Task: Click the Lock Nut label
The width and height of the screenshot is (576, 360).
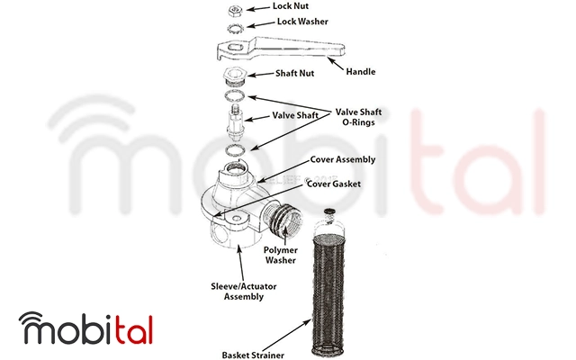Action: [290, 6]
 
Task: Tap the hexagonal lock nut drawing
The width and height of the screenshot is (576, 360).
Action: [235, 11]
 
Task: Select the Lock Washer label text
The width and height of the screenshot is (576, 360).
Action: [302, 22]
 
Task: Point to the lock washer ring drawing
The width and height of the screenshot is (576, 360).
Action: [235, 28]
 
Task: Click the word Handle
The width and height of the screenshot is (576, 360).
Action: [360, 71]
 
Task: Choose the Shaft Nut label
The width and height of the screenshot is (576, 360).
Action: [294, 73]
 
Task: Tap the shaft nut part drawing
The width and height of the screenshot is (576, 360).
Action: [234, 76]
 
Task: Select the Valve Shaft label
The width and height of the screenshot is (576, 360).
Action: [295, 115]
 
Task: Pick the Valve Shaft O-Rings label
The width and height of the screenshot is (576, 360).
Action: [358, 117]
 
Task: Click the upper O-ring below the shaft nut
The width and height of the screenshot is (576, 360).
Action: [234, 95]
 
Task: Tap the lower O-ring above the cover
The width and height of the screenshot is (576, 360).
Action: [235, 150]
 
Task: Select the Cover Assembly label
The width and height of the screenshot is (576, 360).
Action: [342, 159]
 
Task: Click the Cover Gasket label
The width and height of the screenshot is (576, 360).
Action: [334, 184]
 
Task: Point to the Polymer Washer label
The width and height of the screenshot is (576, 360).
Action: [280, 255]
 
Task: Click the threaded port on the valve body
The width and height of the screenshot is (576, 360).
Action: [285, 220]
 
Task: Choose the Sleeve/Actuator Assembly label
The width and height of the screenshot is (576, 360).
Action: [244, 292]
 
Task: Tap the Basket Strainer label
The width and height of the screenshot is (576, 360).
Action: [253, 355]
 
